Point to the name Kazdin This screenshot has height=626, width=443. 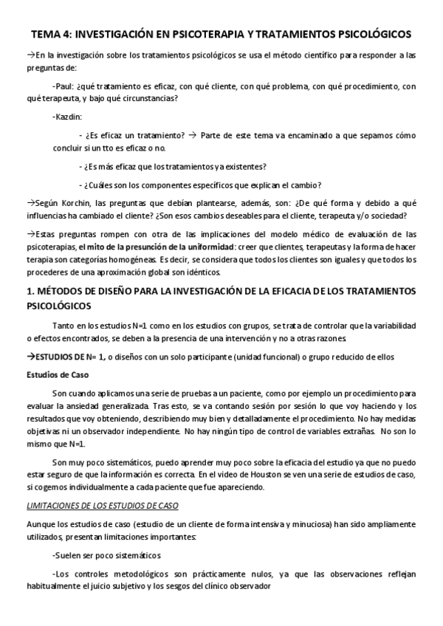(68, 117)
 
